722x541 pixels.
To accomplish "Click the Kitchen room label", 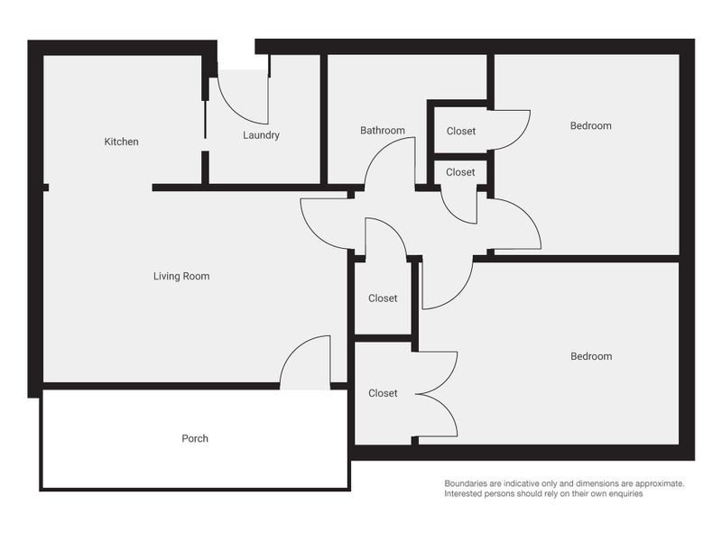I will click(122, 142).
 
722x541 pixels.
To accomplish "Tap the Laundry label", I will click(261, 135).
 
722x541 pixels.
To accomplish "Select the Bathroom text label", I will click(383, 131).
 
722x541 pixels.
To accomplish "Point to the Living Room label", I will click(181, 276).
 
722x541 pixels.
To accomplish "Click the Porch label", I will click(195, 438).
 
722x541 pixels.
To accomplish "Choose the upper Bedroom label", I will click(590, 125).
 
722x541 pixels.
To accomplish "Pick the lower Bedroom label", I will click(590, 356).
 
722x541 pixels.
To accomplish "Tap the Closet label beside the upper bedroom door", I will click(461, 132).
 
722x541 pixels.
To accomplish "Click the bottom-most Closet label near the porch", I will click(383, 393).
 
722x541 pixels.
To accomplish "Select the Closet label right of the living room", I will click(383, 298).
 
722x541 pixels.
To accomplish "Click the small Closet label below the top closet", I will click(460, 172).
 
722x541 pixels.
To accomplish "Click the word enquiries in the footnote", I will click(622, 494).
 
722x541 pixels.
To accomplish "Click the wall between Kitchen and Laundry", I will click(205, 117).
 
